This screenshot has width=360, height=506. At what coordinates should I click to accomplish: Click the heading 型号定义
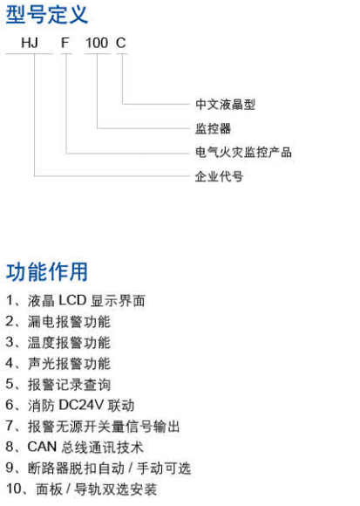pyautogui.click(x=47, y=15)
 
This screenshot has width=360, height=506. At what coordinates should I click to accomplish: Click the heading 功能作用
pyautogui.click(x=47, y=271)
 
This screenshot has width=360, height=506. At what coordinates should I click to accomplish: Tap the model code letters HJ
pyautogui.click(x=30, y=43)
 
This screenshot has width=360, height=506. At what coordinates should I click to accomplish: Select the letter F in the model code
pyautogui.click(x=65, y=43)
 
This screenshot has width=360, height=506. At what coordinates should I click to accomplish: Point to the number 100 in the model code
pyautogui.click(x=97, y=43)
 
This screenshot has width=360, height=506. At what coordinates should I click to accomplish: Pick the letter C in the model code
pyautogui.click(x=121, y=43)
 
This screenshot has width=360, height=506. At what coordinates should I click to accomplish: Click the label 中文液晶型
pyautogui.click(x=225, y=104)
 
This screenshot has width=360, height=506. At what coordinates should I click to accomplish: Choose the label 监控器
pyautogui.click(x=213, y=128)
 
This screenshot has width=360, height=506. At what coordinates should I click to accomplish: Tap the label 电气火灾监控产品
pyautogui.click(x=243, y=153)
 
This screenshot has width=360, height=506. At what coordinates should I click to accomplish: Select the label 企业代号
pyautogui.click(x=219, y=176)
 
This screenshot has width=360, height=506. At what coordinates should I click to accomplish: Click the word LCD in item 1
pyautogui.click(x=72, y=301)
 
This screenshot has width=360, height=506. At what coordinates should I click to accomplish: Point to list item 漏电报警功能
pyautogui.click(x=69, y=322)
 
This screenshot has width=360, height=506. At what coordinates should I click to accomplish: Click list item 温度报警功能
pyautogui.click(x=69, y=343)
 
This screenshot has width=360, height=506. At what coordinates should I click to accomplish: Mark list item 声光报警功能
pyautogui.click(x=69, y=364)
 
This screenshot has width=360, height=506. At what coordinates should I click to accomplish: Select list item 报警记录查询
pyautogui.click(x=69, y=385)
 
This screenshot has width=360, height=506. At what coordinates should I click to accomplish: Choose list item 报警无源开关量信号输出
pyautogui.click(x=104, y=427)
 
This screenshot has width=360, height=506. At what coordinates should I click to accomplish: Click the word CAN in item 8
pyautogui.click(x=42, y=448)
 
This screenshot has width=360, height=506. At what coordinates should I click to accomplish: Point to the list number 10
pyautogui.click(x=14, y=489)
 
